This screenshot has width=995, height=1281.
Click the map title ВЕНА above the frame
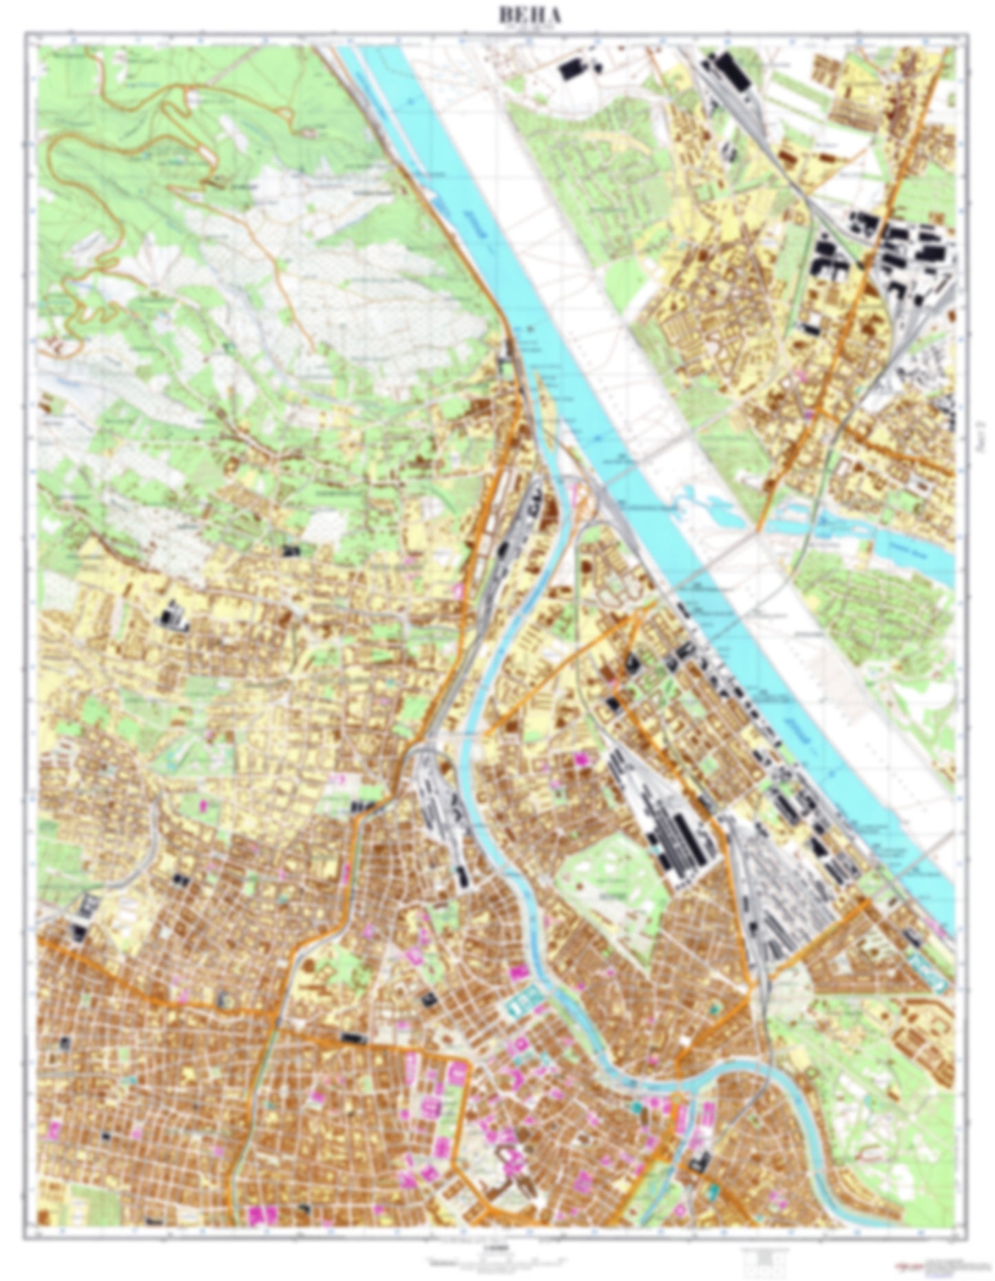pos(530,16)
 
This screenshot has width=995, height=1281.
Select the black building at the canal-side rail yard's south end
pos(461,876)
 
